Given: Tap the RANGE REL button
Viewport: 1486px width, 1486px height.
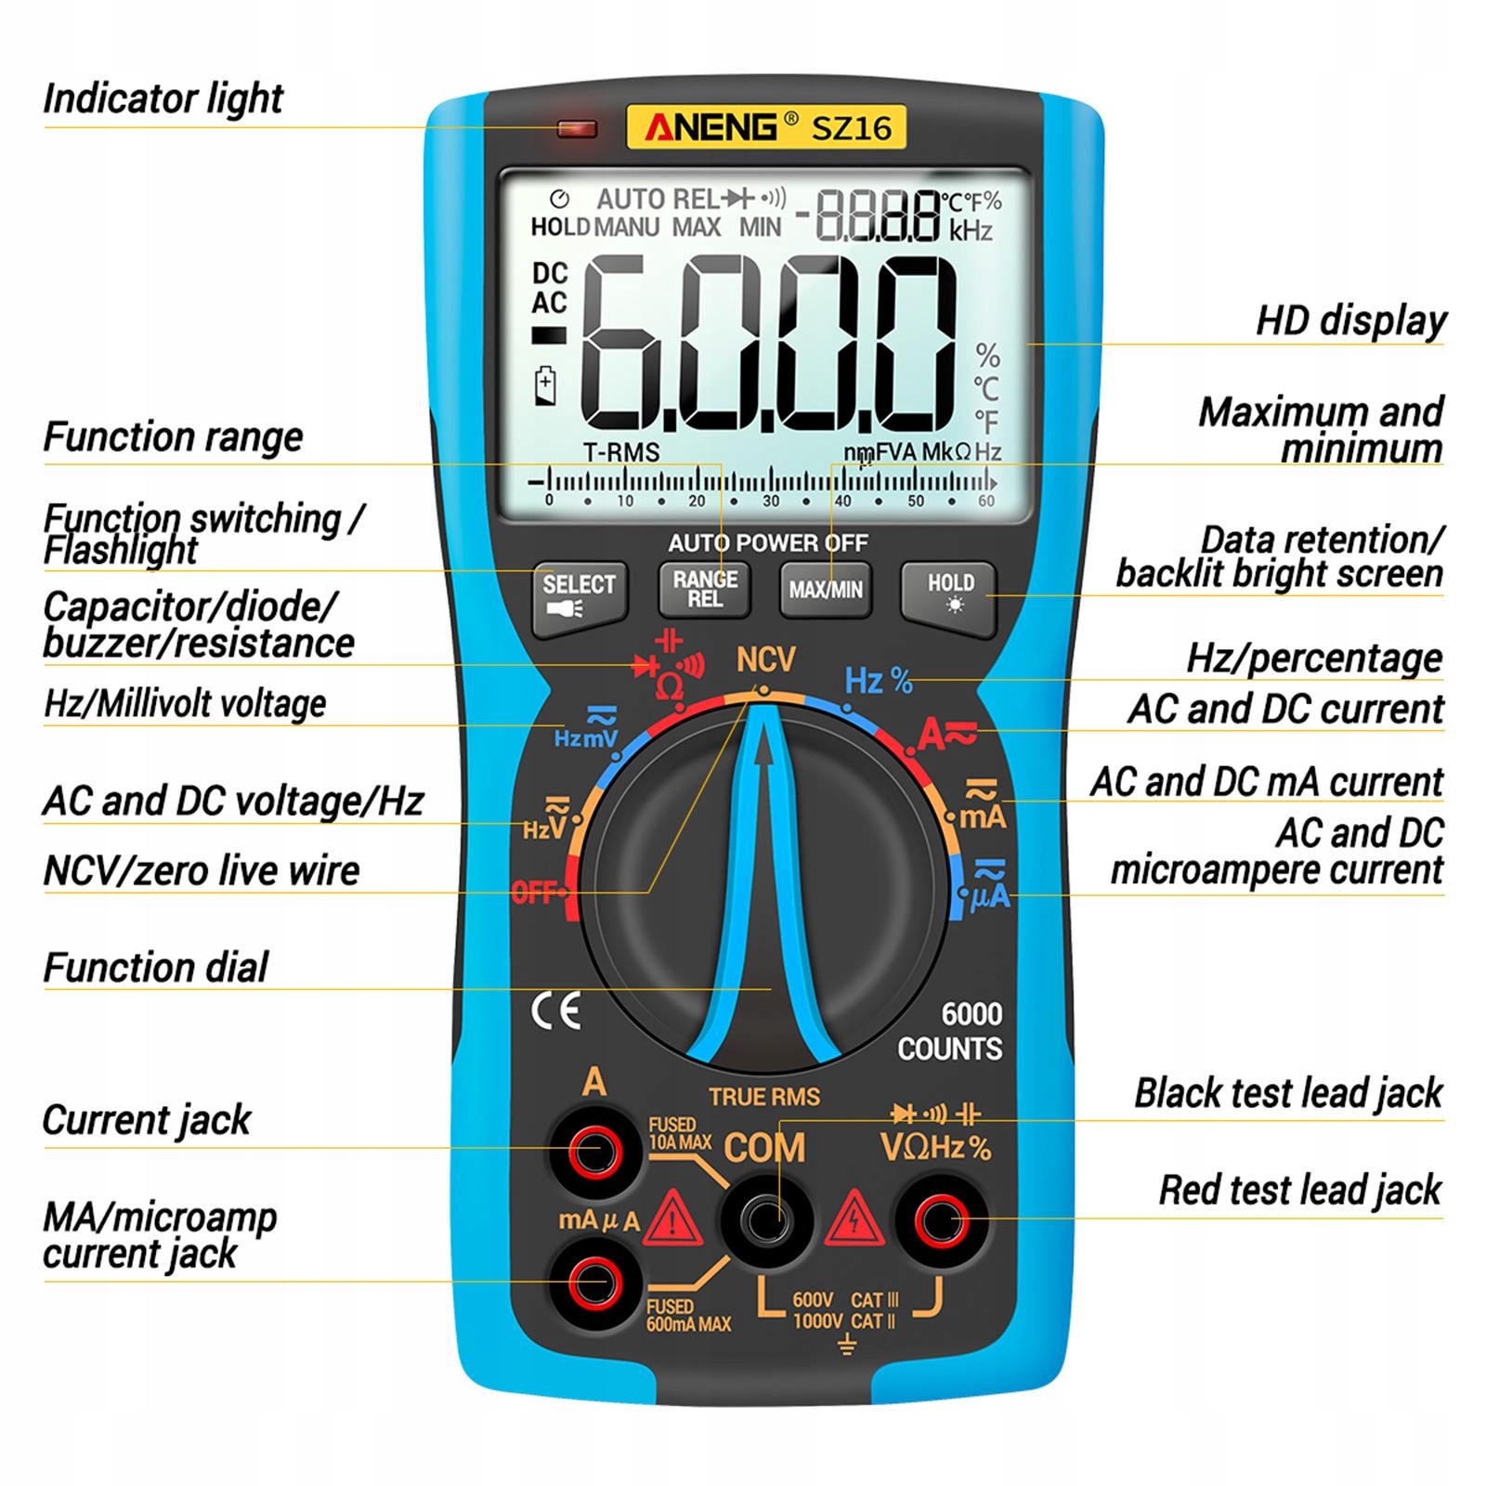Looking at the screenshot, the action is tap(704, 589).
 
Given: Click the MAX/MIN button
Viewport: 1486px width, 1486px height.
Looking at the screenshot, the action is tap(825, 589).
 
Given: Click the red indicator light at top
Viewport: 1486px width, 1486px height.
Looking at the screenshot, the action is tap(576, 128).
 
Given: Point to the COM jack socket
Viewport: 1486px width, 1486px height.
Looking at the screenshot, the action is tap(766, 1219).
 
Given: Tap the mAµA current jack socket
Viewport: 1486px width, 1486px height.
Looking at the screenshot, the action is tap(595, 1284).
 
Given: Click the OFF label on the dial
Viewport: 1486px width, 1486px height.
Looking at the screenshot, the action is tap(533, 893).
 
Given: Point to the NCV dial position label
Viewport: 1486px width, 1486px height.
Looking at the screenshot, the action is tap(765, 660).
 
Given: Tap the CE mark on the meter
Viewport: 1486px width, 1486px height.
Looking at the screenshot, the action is tap(555, 1010).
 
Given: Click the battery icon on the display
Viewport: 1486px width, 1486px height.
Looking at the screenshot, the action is tap(545, 385).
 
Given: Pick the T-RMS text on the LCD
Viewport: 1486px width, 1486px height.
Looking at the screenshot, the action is tap(620, 452).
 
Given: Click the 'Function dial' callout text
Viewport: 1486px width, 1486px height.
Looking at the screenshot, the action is tap(155, 968).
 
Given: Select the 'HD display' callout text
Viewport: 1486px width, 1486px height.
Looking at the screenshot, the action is tap(1350, 320).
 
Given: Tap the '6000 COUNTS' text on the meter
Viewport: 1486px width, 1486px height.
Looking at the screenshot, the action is tap(949, 1031).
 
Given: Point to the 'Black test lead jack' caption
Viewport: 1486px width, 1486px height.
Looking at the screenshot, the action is tap(1288, 1093).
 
